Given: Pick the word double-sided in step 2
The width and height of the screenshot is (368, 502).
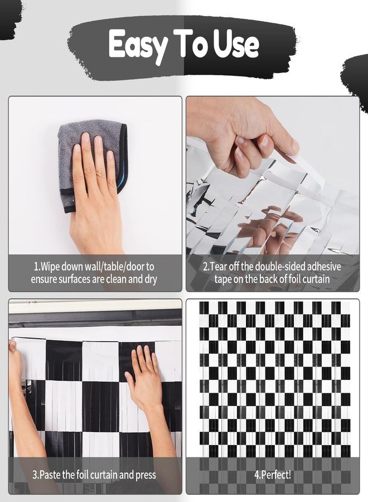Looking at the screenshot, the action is point(278,267).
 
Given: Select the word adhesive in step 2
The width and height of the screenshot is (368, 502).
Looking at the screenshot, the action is point(322,267).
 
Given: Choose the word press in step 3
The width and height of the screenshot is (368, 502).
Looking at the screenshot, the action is point(146,475).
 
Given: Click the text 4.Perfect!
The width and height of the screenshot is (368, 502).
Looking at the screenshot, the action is point(273,475).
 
